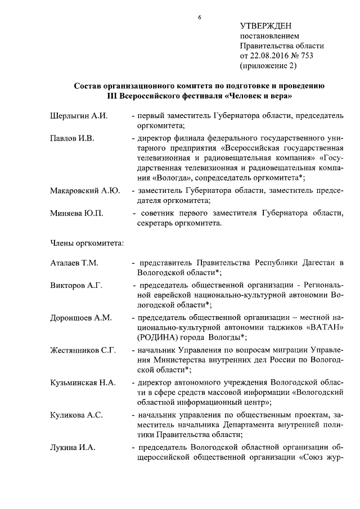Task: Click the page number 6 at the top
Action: [199, 17]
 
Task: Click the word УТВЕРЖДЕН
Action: [266, 26]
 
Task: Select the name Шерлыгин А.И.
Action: [79, 116]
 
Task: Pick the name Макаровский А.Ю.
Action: [84, 191]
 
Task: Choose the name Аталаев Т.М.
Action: [75, 263]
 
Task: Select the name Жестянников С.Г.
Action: [83, 350]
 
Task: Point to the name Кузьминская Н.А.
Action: [83, 383]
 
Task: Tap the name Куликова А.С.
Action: [76, 415]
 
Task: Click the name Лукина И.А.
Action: [73, 448]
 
